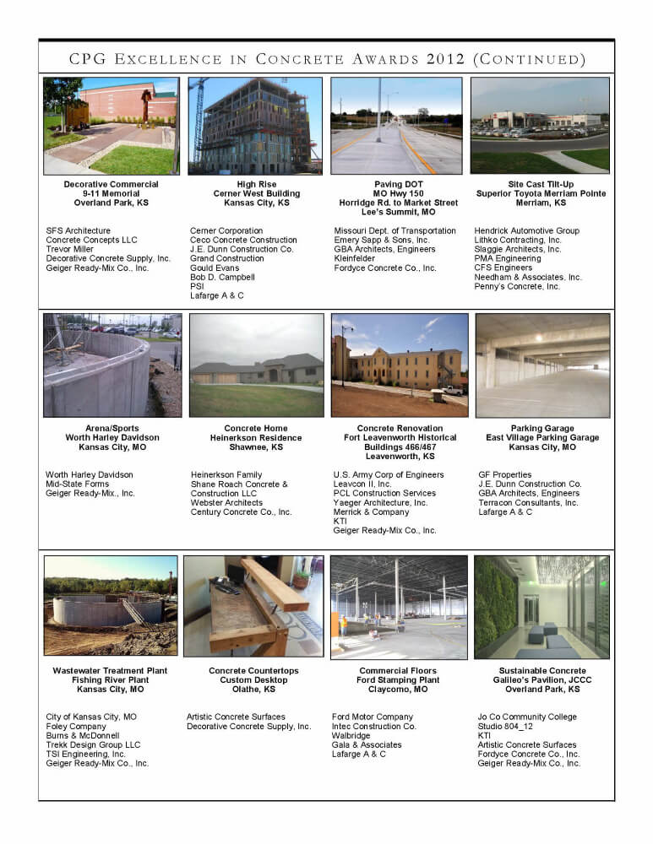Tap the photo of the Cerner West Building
tap(255, 126)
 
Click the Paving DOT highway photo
tap(396, 126)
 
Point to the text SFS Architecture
tap(79, 230)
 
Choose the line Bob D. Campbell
tap(222, 277)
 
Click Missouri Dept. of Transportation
tap(395, 230)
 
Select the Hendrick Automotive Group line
tap(526, 230)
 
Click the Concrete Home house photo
tap(256, 365)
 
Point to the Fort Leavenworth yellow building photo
tap(400, 365)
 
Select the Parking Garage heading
tap(542, 429)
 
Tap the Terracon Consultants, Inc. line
tap(528, 503)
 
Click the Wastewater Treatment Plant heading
tap(110, 671)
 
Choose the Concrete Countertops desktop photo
tap(253, 605)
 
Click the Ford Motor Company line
tap(373, 717)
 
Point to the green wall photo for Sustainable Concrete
tap(541, 606)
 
